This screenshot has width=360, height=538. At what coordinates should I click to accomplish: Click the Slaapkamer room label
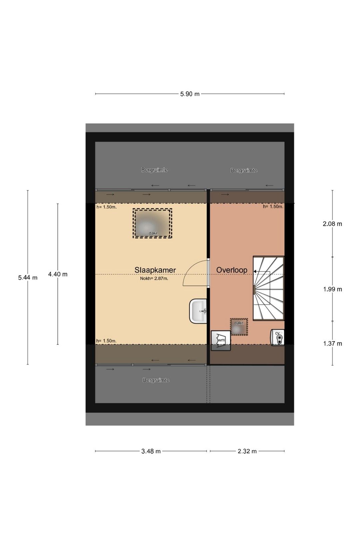pyautogui.click(x=155, y=270)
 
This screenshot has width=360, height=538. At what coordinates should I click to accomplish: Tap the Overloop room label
pyautogui.click(x=232, y=270)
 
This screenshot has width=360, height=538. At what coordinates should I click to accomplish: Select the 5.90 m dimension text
pyautogui.click(x=190, y=94)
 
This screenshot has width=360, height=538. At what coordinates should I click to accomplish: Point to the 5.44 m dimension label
pyautogui.click(x=28, y=278)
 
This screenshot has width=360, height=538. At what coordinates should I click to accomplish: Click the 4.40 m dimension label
pyautogui.click(x=58, y=274)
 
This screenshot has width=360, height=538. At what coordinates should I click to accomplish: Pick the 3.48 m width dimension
pyautogui.click(x=151, y=451)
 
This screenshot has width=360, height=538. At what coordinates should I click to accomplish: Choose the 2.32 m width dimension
pyautogui.click(x=247, y=451)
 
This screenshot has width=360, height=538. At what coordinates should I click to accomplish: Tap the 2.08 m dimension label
pyautogui.click(x=332, y=224)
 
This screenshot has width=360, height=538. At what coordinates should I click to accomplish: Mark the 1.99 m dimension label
pyautogui.click(x=332, y=289)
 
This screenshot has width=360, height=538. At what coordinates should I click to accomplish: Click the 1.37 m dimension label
pyautogui.click(x=332, y=344)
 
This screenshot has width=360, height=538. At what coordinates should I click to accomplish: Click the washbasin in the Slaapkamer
pyautogui.click(x=198, y=311)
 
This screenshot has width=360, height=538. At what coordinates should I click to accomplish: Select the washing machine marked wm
pyautogui.click(x=221, y=340)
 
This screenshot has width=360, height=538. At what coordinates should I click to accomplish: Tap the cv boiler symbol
pyautogui.click(x=277, y=338)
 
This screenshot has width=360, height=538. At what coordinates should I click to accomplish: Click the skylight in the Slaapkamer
pyautogui.click(x=152, y=223)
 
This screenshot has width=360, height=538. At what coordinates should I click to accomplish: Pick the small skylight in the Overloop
pyautogui.click(x=239, y=327)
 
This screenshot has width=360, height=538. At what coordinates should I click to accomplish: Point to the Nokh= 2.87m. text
pyautogui.click(x=154, y=279)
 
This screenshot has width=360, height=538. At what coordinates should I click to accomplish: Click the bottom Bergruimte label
pyautogui.click(x=156, y=380)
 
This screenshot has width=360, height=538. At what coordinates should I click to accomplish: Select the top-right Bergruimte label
pyautogui.click(x=244, y=170)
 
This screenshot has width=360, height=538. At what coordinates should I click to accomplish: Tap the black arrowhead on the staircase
pyautogui.click(x=255, y=272)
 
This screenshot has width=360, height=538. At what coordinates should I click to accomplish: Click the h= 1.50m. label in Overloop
pyautogui.click(x=273, y=206)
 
